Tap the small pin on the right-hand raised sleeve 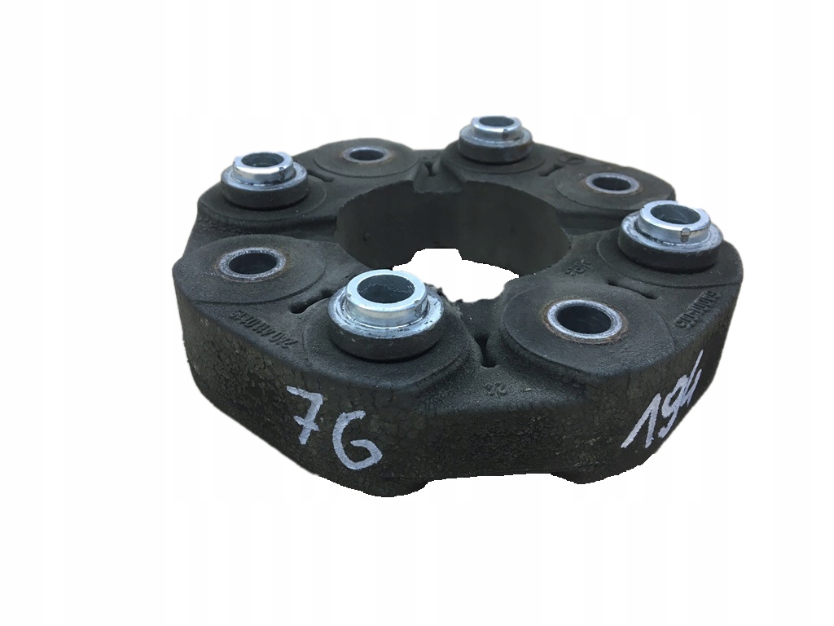[686, 234]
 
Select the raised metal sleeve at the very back [494, 134]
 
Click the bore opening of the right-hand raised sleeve [672, 217]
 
